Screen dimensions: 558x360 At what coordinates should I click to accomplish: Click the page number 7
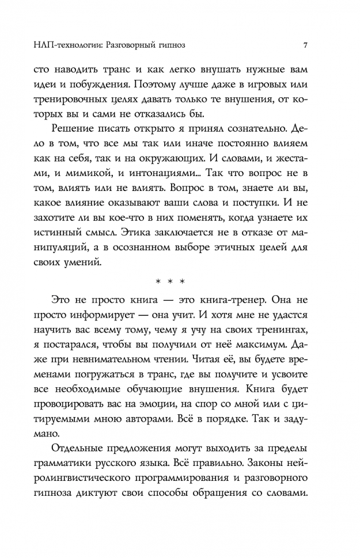point(305,44)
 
